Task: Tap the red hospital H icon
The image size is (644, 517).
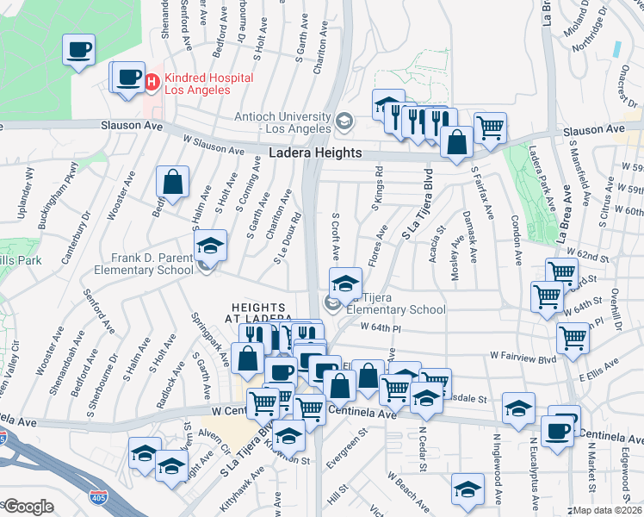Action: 152,83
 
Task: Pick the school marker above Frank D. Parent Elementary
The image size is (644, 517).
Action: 208,246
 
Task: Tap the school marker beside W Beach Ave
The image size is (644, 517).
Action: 467,489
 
